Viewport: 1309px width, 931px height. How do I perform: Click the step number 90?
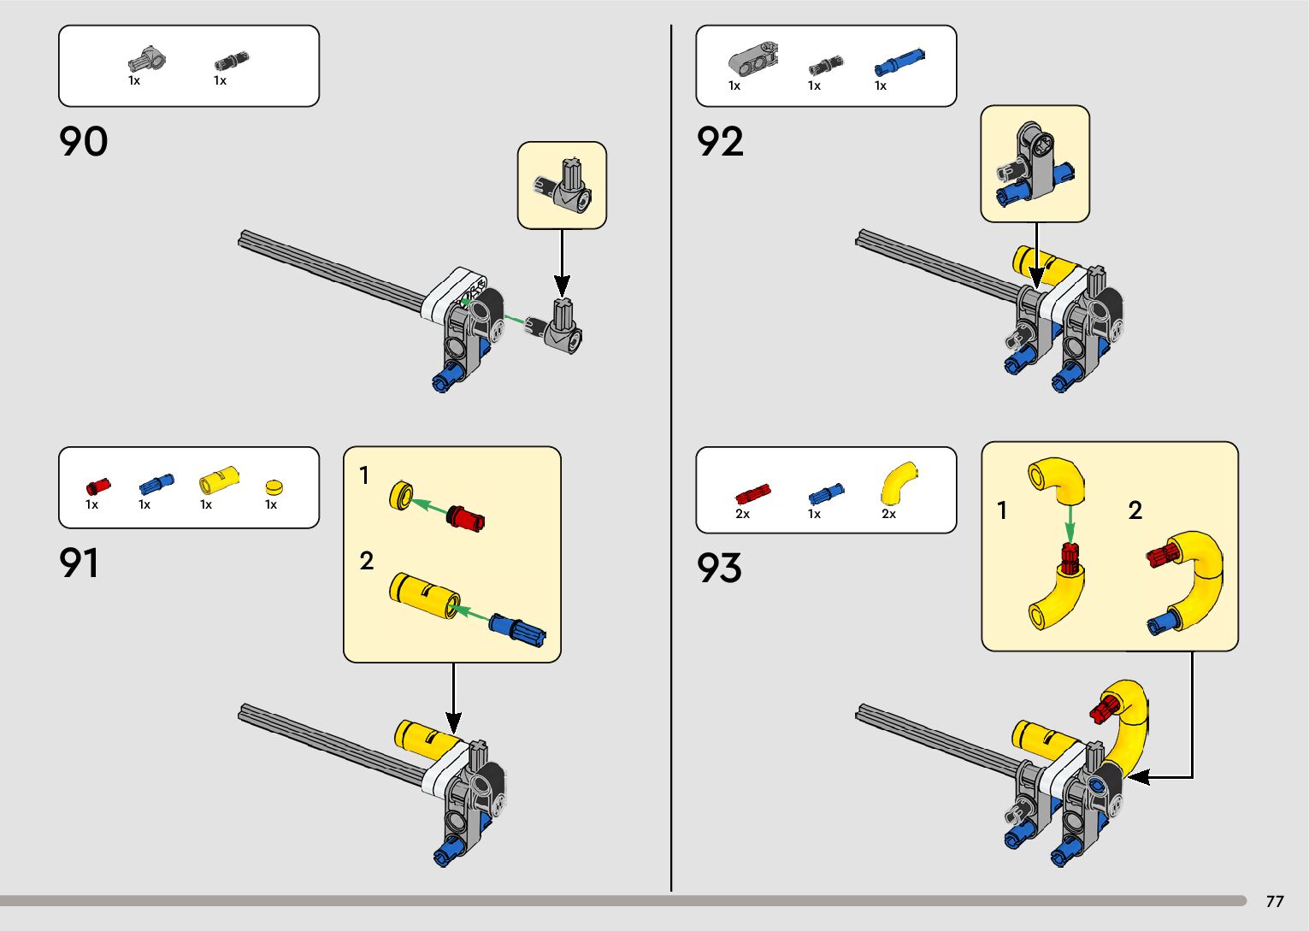(x=84, y=142)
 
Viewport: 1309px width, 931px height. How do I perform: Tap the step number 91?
(x=79, y=563)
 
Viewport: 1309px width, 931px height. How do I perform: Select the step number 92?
(x=720, y=142)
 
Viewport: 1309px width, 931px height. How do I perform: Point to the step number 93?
(x=719, y=569)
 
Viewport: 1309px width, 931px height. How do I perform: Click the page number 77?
(x=1275, y=901)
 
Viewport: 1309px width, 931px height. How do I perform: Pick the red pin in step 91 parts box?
(x=98, y=486)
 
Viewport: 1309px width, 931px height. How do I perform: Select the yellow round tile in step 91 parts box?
(x=274, y=487)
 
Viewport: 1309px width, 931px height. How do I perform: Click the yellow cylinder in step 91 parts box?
(x=219, y=480)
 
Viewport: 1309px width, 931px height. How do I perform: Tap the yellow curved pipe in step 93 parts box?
(x=898, y=483)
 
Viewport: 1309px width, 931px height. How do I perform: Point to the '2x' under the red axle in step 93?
(x=742, y=514)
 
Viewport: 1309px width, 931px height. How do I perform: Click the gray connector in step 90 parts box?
(x=147, y=61)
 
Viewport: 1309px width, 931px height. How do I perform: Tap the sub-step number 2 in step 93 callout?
(x=1135, y=511)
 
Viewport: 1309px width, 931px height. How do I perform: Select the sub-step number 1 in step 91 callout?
(x=364, y=475)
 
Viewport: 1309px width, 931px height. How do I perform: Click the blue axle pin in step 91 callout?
(x=517, y=630)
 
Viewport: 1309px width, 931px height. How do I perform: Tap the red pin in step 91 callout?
(x=466, y=517)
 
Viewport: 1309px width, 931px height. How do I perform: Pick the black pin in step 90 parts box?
(x=231, y=61)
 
